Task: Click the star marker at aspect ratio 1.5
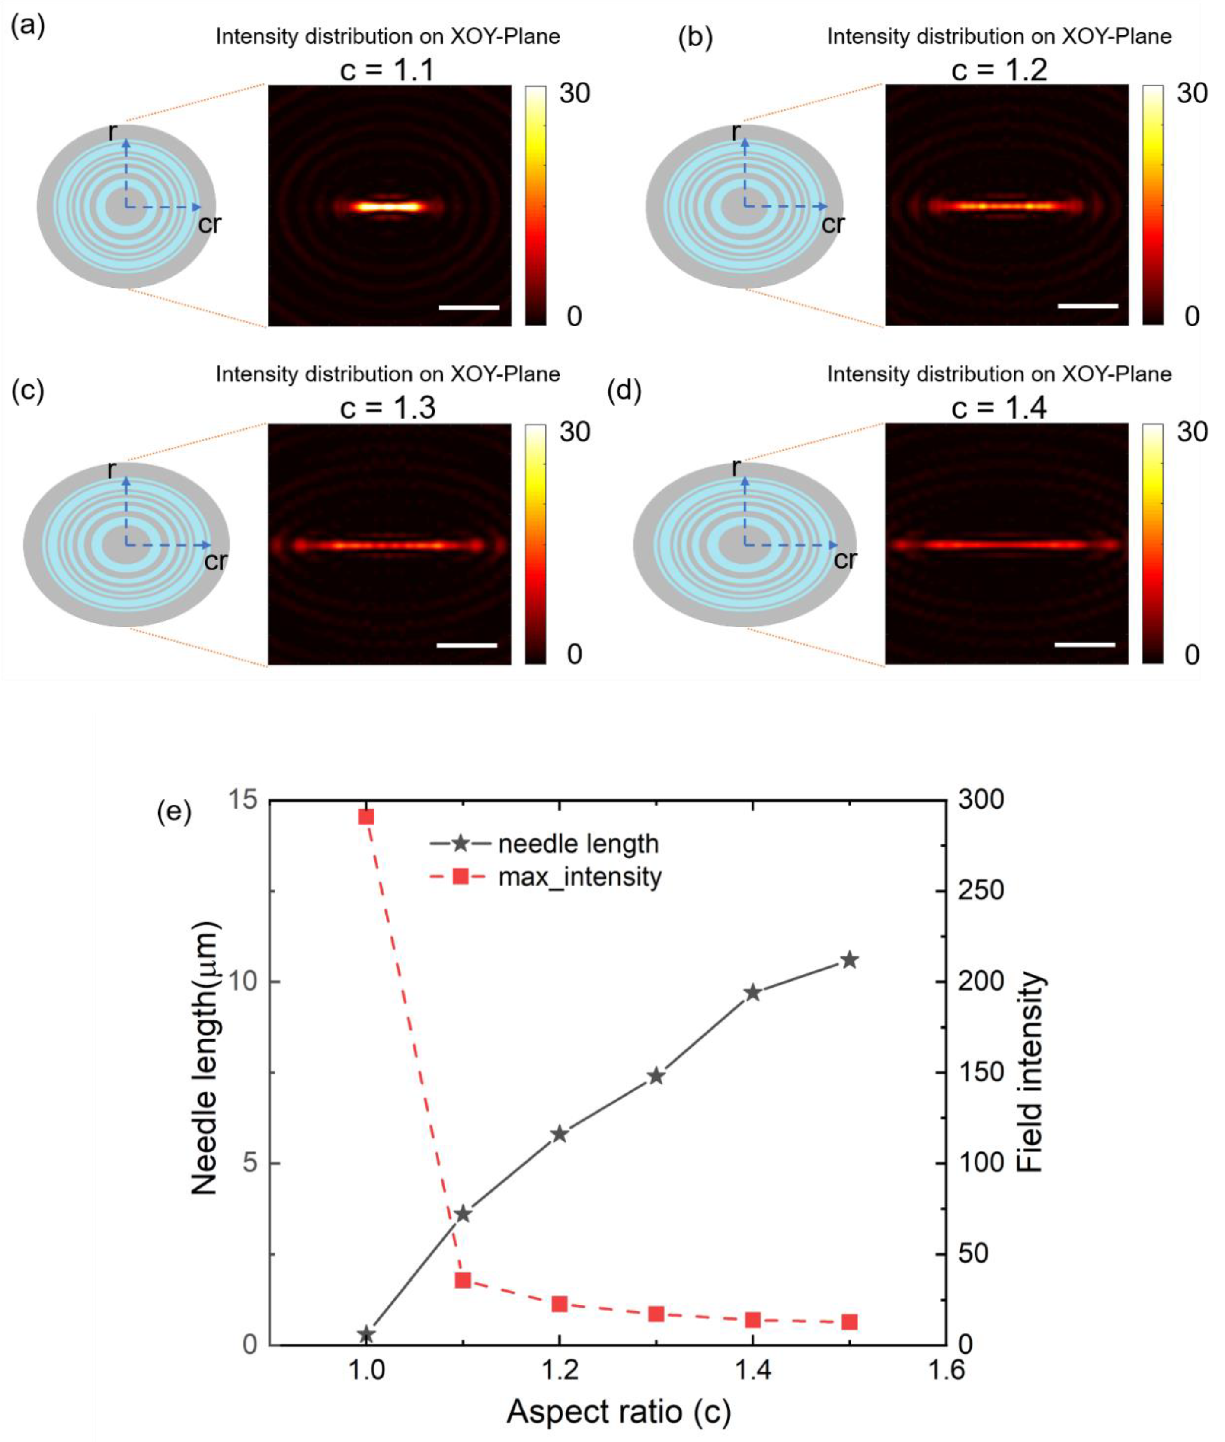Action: pos(849,960)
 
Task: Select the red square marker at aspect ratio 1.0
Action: pos(367,816)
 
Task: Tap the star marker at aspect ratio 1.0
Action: pos(367,1334)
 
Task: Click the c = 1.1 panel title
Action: pos(387,70)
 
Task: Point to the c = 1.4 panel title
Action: pos(998,408)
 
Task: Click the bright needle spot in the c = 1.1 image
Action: pos(388,206)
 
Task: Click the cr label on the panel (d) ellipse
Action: pos(844,560)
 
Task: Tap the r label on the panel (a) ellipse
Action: pos(112,132)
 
